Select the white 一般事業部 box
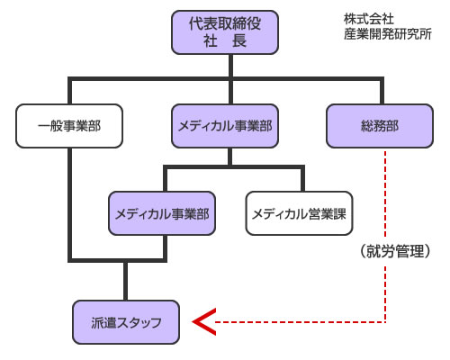point(69,125)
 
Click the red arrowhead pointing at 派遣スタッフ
point(206,321)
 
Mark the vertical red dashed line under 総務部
point(385,198)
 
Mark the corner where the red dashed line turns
point(385,321)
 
